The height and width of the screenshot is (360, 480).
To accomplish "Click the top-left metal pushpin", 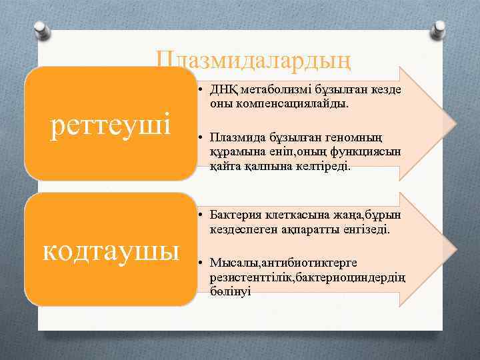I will coord(41,28).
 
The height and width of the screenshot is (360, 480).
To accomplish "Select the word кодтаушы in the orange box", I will coord(111,251).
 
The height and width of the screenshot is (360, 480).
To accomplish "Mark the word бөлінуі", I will coord(229,291).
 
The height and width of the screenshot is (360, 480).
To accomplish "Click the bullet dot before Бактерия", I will coord(201,215).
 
